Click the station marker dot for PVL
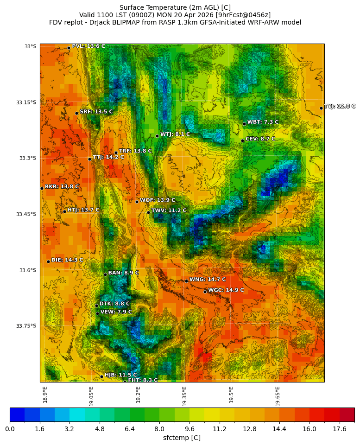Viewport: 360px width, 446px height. [69, 48]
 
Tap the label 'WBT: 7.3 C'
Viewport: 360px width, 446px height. [263, 122]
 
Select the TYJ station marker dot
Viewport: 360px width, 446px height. [321, 108]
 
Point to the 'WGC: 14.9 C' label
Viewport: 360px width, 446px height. [226, 290]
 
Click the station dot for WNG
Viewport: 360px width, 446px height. [186, 281]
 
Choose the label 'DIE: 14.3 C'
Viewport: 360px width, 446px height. [67, 260]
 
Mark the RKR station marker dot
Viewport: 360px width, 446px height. [42, 188]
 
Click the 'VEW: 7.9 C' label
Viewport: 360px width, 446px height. [116, 312]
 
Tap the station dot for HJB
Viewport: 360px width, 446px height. [101, 376]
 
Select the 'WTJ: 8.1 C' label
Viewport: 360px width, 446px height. [175, 134]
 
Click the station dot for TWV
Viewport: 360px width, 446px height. [148, 212]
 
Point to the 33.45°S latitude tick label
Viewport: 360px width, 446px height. [26, 214]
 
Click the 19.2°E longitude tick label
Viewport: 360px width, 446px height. [138, 395]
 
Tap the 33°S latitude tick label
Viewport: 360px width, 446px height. [30, 46]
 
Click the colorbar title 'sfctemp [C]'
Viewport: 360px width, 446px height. [182, 438]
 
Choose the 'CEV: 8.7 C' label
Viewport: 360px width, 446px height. [260, 139]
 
